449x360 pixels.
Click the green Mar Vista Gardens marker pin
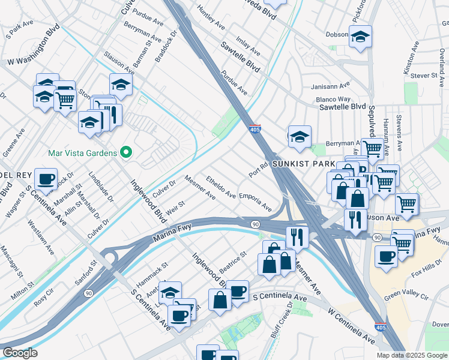(x=125, y=153)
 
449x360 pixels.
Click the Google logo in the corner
(x=20, y=353)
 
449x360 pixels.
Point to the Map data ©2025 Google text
(x=412, y=355)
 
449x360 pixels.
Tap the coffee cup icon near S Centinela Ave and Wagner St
(x=46, y=178)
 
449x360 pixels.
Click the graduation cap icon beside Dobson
(x=360, y=37)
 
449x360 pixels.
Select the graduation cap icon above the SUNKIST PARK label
(x=299, y=137)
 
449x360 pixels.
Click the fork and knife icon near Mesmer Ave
(x=297, y=236)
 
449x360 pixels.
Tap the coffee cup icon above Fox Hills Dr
(x=386, y=255)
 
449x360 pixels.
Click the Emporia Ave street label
(x=256, y=203)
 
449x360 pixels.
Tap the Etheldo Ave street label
(x=221, y=187)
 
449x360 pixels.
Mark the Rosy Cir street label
(x=44, y=300)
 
